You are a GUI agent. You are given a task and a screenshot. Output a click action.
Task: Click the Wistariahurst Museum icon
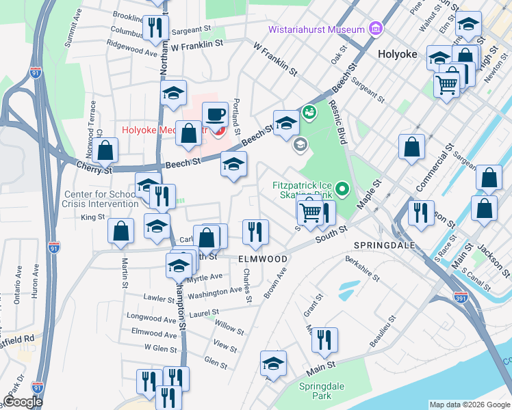click(375, 29)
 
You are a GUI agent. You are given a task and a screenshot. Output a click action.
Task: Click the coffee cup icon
click(215, 113)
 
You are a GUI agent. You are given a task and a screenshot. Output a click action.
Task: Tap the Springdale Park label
click(316, 391)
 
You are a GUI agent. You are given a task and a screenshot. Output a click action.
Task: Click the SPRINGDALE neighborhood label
click(381, 245)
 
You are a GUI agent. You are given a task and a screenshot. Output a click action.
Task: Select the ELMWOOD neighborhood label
click(262, 259)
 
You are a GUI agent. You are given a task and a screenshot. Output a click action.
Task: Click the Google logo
click(22, 402)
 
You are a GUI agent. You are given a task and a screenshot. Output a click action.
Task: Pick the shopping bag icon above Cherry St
click(106, 150)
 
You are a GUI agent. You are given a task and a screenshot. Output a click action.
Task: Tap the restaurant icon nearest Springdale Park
click(324, 339)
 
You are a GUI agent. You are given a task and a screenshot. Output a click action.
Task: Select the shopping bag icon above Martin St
click(120, 230)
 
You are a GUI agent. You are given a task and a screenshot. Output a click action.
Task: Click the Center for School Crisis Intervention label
click(100, 199)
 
